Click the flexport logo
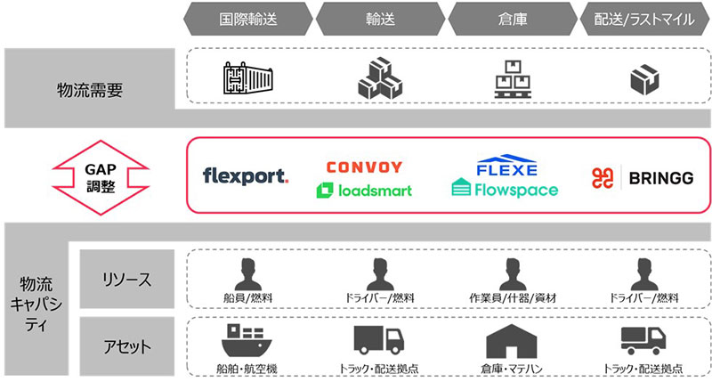click(246, 175)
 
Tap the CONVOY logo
click(364, 167)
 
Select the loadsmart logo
click(364, 191)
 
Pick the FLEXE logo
click(506, 166)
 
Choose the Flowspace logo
click(505, 189)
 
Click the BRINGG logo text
click(661, 178)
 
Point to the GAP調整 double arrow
click(101, 177)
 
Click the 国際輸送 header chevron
click(248, 19)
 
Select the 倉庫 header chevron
click(513, 19)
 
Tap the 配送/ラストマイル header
click(645, 19)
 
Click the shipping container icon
click(248, 78)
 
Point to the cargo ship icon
click(247, 340)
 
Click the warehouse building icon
click(511, 341)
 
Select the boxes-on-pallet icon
click(513, 79)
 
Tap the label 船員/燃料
click(248, 298)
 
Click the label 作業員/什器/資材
click(513, 298)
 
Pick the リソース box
click(127, 279)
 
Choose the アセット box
click(127, 346)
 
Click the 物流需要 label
click(90, 89)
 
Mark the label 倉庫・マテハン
click(512, 369)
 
